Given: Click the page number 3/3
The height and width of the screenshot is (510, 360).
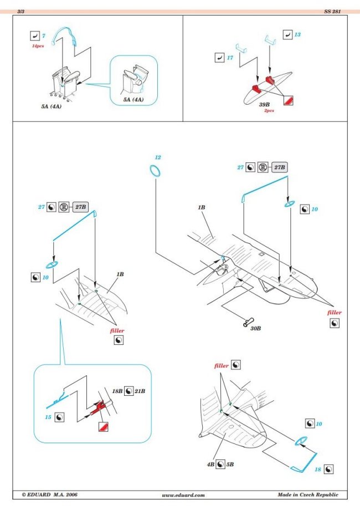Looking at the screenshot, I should click(x=20, y=11).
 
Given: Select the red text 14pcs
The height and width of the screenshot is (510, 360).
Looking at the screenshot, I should click(x=38, y=47).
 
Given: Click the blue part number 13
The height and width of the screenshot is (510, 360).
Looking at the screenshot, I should click(x=298, y=34).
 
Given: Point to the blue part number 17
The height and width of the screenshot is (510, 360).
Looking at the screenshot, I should click(x=230, y=57).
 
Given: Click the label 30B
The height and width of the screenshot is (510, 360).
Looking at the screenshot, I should click(x=255, y=328).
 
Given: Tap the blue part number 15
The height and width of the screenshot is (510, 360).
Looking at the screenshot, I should click(x=48, y=415).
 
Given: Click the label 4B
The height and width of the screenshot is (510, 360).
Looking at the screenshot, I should click(x=210, y=463).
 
